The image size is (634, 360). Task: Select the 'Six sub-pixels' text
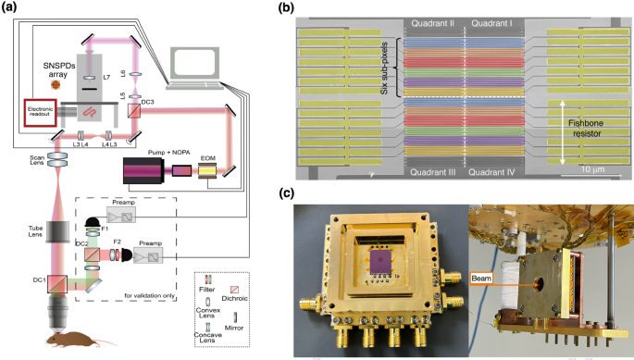392,67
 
